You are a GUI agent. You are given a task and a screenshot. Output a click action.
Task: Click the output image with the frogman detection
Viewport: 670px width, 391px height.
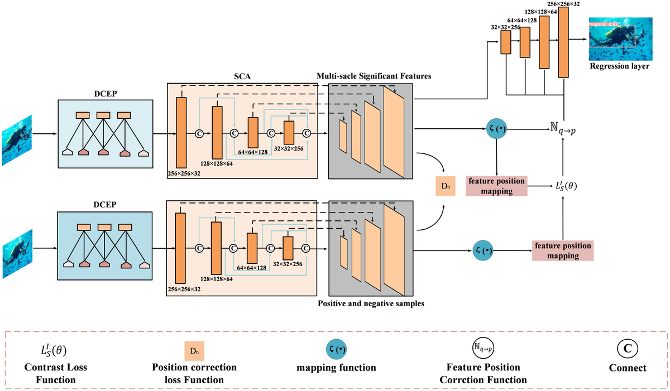[x=619, y=40]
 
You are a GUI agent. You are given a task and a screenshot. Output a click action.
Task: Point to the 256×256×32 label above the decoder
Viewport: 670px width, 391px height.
[x=563, y=3]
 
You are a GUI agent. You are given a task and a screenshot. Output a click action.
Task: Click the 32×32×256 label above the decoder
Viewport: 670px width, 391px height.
[x=505, y=27]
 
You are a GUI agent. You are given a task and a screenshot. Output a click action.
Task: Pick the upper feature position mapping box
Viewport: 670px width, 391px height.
[x=497, y=186]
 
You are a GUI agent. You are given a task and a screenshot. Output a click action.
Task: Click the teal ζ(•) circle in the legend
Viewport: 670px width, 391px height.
[x=338, y=349]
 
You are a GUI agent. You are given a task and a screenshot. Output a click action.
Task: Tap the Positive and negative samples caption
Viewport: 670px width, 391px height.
[x=371, y=303]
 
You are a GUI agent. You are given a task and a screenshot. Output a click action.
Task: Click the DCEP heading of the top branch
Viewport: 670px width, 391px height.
[x=105, y=95]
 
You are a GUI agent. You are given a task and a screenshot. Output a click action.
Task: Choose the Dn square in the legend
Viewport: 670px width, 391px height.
[x=194, y=350]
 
